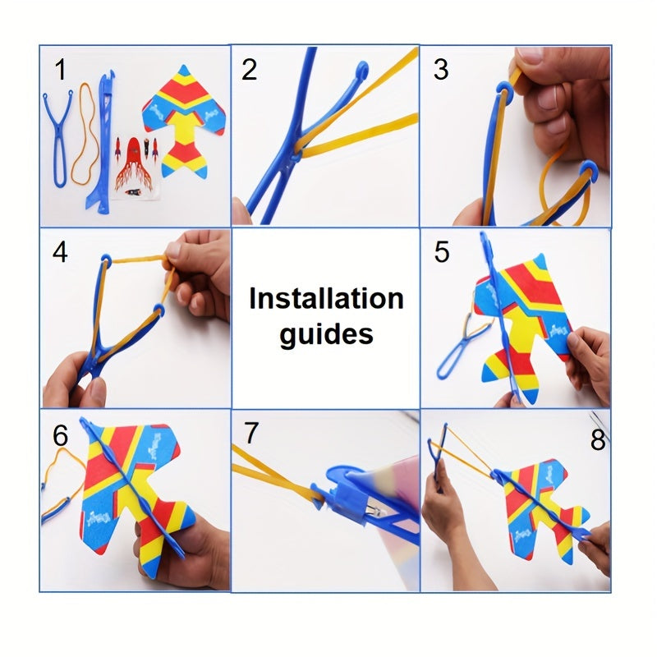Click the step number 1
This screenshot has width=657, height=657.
[x=61, y=70]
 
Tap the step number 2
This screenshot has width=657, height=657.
[x=250, y=70]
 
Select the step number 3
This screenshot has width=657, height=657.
[x=441, y=70]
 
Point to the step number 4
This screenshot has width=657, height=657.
[x=60, y=252]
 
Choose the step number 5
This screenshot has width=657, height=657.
[x=442, y=252]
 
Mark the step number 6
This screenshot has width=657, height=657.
[x=60, y=436]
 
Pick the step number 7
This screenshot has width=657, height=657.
[x=251, y=434]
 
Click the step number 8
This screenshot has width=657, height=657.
[x=598, y=439]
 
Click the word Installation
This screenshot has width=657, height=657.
[x=326, y=298]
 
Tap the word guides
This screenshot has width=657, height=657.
[x=326, y=334]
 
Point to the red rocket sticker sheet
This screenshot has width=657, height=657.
[x=135, y=167]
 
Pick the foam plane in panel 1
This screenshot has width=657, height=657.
[x=184, y=122]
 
